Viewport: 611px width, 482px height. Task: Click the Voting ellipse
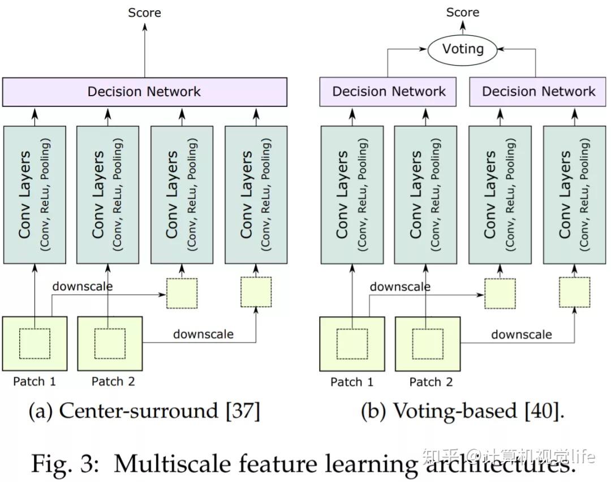pos(463,49)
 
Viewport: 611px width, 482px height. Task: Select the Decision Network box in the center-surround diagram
pos(144,92)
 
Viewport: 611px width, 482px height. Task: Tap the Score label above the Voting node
pos(463,12)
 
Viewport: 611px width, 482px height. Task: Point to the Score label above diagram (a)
pos(144,12)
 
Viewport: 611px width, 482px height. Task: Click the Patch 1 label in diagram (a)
pos(35,381)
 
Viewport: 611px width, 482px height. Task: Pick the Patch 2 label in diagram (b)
pos(431,382)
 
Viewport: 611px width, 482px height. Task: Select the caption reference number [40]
pos(544,411)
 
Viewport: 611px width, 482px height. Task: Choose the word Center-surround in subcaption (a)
pos(139,411)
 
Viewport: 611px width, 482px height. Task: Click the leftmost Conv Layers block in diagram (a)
pos(35,195)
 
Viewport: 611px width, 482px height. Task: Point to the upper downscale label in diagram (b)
pos(400,287)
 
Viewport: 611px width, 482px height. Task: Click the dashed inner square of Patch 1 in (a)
pos(35,343)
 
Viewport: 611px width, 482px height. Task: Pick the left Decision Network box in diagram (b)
pos(389,92)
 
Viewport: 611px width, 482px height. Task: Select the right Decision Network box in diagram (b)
pos(539,92)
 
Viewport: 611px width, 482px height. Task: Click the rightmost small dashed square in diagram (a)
pos(256,292)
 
